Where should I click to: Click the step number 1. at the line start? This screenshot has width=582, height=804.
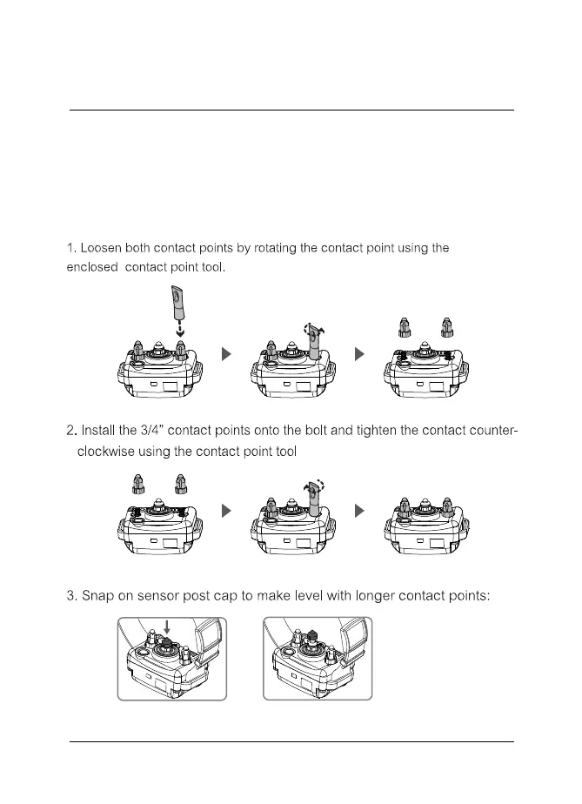pyautogui.click(x=71, y=249)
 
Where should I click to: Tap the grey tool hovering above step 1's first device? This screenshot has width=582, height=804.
pyautogui.click(x=179, y=307)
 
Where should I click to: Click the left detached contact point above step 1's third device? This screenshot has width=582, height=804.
pyautogui.click(x=404, y=328)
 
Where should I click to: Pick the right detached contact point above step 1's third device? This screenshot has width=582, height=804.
pyautogui.click(x=446, y=328)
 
